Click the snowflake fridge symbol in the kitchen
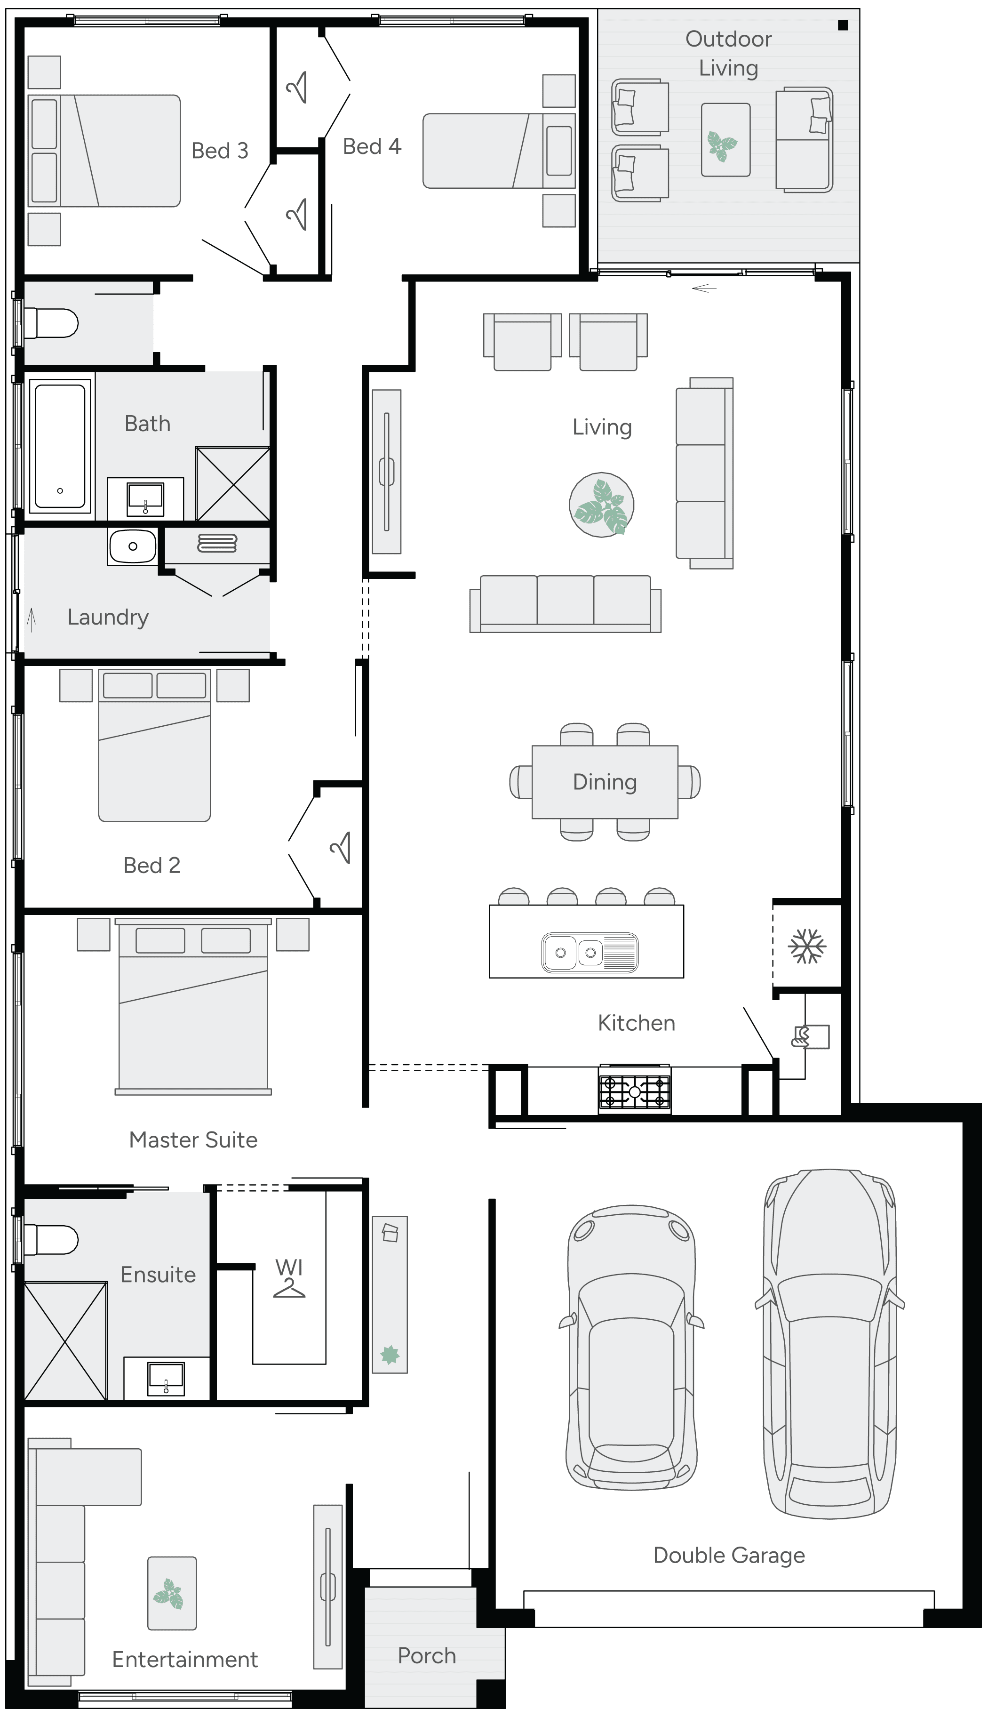[x=807, y=946]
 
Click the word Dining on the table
[x=605, y=782]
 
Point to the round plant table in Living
[x=601, y=505]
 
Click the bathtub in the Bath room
[x=60, y=445]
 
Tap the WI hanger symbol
[x=289, y=1287]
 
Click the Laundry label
[x=108, y=617]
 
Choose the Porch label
[x=426, y=1655]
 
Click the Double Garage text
[x=729, y=1555]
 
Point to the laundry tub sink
[x=132, y=546]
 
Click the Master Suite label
[x=193, y=1139]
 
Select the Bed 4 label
[x=372, y=146]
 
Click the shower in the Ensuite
[x=65, y=1341]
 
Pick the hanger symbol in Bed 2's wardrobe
[x=341, y=848]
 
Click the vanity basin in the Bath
[x=145, y=499]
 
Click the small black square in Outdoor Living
[x=843, y=26]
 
